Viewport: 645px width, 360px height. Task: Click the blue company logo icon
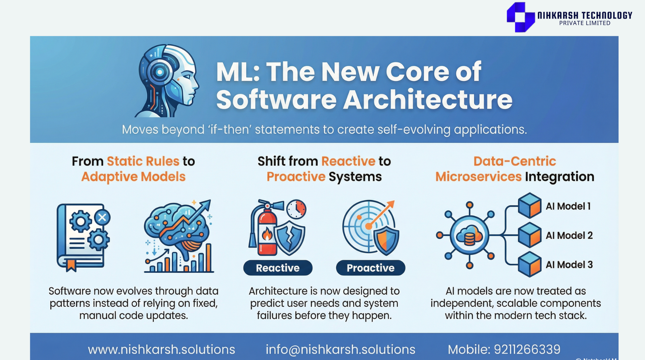click(520, 17)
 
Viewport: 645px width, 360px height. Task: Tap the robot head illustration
click(167, 81)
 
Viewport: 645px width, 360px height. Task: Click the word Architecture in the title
click(428, 100)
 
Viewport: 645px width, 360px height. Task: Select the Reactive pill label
click(278, 268)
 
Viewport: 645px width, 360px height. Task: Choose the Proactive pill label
click(370, 268)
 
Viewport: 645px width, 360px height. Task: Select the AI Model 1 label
click(568, 206)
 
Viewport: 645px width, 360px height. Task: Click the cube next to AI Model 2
click(530, 235)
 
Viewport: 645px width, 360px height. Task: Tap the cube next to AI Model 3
click(530, 264)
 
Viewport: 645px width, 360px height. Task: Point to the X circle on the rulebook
click(102, 217)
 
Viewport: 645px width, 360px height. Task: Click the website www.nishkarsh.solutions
click(161, 350)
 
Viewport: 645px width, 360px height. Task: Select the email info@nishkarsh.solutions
click(340, 350)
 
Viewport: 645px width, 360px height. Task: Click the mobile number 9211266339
click(527, 350)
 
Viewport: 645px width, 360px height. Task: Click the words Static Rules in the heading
click(143, 161)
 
